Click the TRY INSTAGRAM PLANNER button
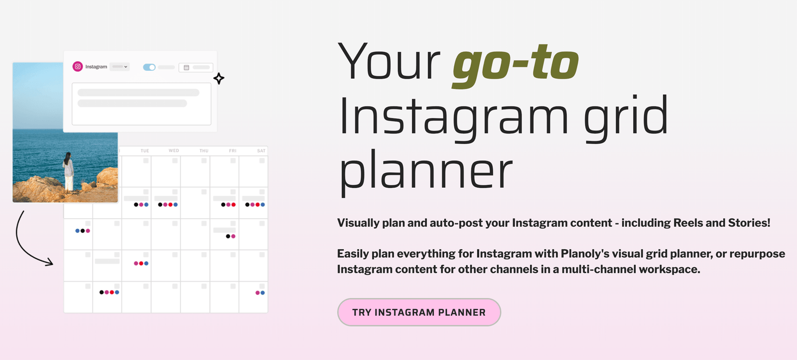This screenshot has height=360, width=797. pyautogui.click(x=419, y=312)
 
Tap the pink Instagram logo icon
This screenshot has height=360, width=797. pyautogui.click(x=78, y=67)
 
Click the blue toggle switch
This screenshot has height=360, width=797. pyautogui.click(x=149, y=67)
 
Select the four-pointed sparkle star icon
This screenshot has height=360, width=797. pyautogui.click(x=219, y=78)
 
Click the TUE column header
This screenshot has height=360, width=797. pyautogui.click(x=144, y=151)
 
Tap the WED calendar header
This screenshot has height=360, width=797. pyautogui.click(x=174, y=150)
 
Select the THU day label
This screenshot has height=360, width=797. pyautogui.click(x=204, y=151)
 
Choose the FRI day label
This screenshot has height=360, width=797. pyautogui.click(x=233, y=151)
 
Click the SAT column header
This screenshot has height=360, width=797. pyautogui.click(x=261, y=151)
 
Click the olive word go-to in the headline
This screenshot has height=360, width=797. pyautogui.click(x=516, y=65)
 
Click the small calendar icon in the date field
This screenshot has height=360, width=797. pyautogui.click(x=186, y=68)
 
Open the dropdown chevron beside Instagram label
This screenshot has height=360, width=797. pyautogui.click(x=126, y=67)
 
